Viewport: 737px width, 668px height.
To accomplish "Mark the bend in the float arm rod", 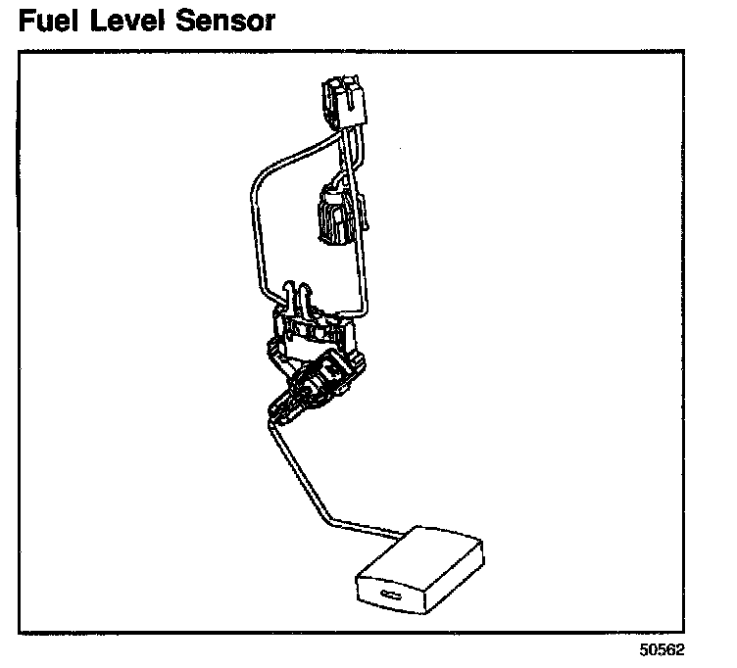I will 330,518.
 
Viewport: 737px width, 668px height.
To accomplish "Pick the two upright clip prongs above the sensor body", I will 298,295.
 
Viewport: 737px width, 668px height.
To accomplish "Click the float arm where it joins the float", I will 392,535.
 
